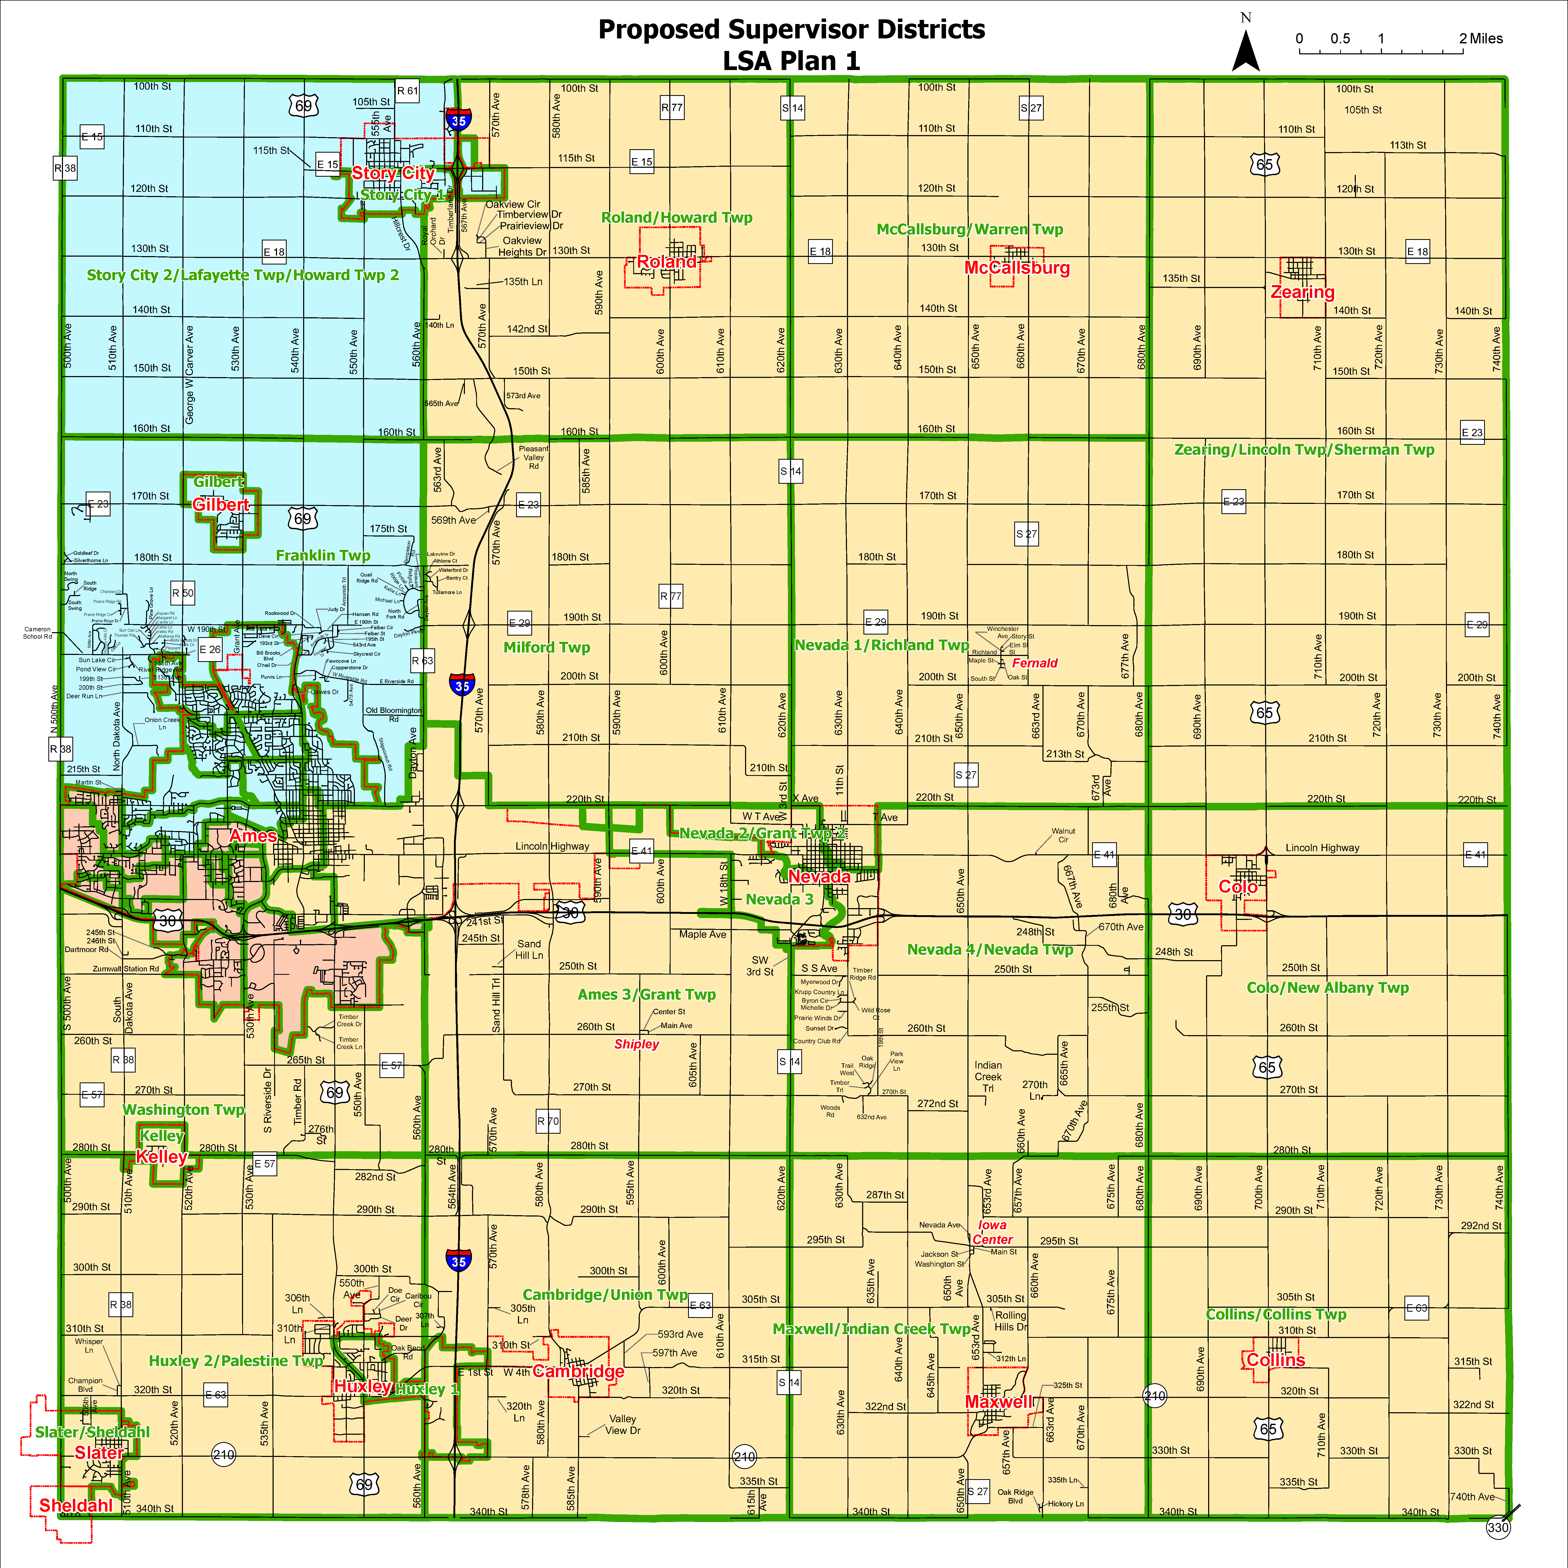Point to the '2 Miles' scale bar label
(1481, 38)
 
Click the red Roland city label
(666, 262)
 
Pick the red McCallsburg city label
(1017, 268)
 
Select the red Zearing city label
(1302, 292)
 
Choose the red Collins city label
(1276, 1360)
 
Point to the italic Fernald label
(1035, 663)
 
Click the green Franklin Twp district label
(323, 555)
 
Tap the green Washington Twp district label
(183, 1109)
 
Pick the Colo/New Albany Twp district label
(1328, 988)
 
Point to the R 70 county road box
(548, 1122)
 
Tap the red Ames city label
(253, 836)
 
